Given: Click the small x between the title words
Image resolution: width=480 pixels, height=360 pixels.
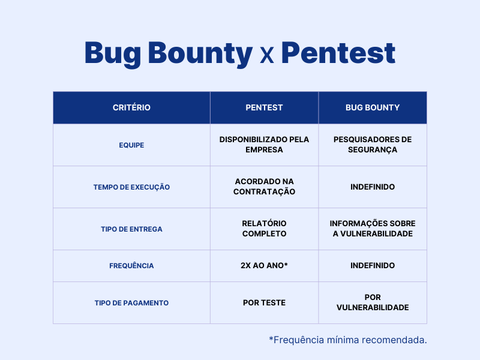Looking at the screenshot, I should coord(267,56).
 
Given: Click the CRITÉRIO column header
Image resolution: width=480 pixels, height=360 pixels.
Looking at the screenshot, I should coord(131,108).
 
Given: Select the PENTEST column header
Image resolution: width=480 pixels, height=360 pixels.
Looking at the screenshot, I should coord(264,108).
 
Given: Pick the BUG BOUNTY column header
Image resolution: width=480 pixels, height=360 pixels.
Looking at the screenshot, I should coord(373,108).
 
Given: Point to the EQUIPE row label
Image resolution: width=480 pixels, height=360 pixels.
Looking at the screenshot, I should coord(131,145).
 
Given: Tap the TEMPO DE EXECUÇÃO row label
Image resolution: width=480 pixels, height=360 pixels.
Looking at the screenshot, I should coord(131,187).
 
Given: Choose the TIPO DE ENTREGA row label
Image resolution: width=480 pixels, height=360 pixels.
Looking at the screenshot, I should coord(131,229).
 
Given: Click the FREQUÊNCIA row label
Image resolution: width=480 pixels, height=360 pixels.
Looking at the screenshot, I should coord(131,266).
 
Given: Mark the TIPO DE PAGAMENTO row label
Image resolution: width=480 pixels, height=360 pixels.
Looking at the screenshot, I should coord(131,303).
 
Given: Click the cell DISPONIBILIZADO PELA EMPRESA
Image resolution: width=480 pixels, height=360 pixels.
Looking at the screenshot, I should coord(264,145).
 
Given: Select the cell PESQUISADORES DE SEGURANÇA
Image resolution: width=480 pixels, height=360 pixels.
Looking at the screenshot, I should coord(373,145).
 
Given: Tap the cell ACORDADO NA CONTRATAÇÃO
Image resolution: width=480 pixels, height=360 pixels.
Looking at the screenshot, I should coord(264,187).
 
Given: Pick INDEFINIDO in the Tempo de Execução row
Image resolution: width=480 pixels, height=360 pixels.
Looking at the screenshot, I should coord(373,187).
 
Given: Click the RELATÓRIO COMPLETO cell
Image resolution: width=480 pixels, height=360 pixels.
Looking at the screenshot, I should coord(264,229).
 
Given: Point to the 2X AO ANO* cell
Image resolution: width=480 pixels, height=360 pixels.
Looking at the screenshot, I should coord(264,265).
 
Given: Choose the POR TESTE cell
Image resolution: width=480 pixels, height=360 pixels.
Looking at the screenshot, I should coord(264,302).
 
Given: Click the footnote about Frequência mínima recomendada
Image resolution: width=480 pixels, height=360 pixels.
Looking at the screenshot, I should coord(348,340).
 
